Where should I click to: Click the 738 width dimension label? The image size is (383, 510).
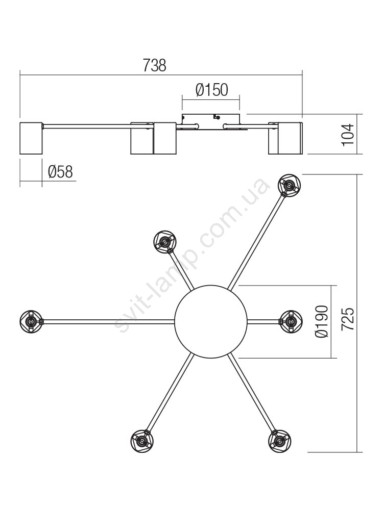pyautogui.click(x=154, y=65)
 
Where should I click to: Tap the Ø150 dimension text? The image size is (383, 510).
pyautogui.click(x=212, y=90)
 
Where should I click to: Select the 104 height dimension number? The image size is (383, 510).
pyautogui.click(x=348, y=135)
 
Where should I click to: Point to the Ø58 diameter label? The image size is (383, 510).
pyautogui.click(x=60, y=171)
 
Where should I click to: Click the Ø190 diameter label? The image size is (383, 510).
pyautogui.click(x=322, y=321)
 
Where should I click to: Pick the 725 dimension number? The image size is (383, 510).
pyautogui.click(x=347, y=319)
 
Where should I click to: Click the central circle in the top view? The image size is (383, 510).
pyautogui.click(x=211, y=321)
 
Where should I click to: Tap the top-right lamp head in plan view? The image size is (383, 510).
pyautogui.click(x=289, y=185)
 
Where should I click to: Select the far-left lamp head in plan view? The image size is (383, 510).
pyautogui.click(x=31, y=321)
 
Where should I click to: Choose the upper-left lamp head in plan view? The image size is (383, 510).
pyautogui.click(x=165, y=242)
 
